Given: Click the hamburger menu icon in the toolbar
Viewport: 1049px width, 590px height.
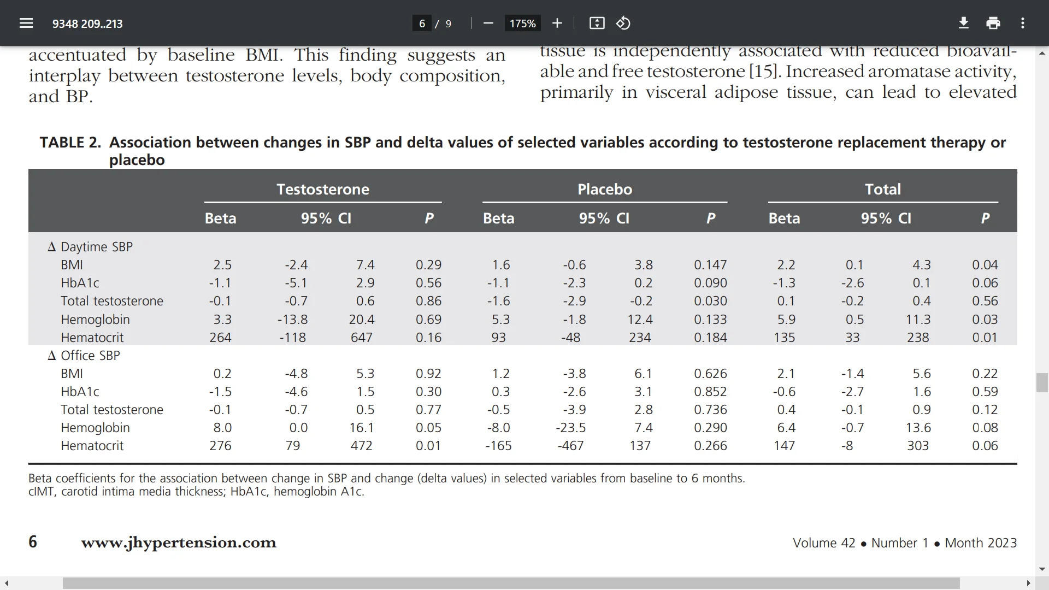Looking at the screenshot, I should click(x=26, y=23).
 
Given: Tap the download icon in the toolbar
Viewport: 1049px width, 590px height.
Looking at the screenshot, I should click(x=964, y=23).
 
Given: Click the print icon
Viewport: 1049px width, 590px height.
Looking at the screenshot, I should click(x=993, y=23).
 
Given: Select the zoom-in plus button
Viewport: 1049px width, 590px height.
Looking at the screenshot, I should click(x=557, y=23).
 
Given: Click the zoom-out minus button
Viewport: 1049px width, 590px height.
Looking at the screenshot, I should click(x=488, y=23).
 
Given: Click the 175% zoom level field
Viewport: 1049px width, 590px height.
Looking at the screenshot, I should click(x=522, y=23).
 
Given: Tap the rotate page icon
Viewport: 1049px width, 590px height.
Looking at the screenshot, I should click(x=623, y=23).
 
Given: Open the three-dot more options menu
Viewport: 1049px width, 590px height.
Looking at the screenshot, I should click(x=1023, y=23).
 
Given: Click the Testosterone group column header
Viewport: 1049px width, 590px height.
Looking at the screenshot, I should click(x=323, y=190).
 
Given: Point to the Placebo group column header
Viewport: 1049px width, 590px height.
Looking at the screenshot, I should click(x=605, y=190).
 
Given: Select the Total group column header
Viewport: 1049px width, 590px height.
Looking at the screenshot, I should click(x=883, y=190).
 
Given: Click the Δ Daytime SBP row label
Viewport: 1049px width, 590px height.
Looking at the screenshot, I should click(x=91, y=247).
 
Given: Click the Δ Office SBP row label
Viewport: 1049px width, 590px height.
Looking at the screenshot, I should click(x=84, y=356).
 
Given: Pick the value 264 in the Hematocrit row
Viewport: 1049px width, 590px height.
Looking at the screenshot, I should click(x=220, y=338).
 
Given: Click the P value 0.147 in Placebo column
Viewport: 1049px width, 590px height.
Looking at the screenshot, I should click(x=710, y=265).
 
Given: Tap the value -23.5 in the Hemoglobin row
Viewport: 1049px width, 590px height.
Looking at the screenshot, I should click(x=570, y=428).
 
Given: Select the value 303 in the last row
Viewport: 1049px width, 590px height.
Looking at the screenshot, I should click(x=918, y=446).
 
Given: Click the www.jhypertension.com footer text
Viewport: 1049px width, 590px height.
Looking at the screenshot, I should click(x=179, y=542).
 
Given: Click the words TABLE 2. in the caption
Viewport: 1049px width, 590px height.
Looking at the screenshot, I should click(x=70, y=143).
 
